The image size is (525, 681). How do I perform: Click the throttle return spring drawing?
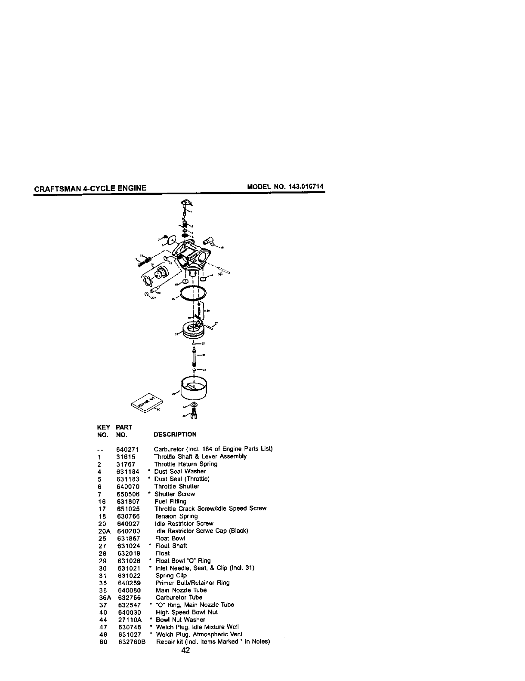click(x=185, y=224)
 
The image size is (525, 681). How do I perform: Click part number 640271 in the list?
click(x=127, y=449)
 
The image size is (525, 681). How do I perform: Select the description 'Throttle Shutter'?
click(x=176, y=486)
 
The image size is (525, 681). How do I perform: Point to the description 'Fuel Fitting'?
click(x=170, y=501)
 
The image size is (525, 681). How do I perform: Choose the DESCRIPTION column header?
click(x=175, y=434)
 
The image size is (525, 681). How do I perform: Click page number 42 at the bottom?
click(x=186, y=650)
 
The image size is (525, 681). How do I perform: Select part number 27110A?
click(x=129, y=620)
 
